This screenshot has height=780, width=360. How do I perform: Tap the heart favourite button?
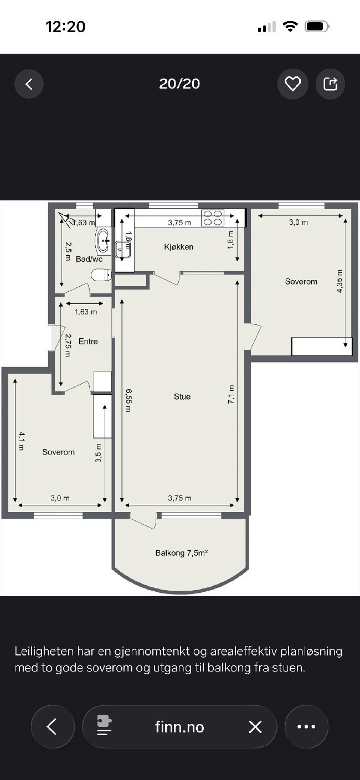pyautogui.click(x=292, y=84)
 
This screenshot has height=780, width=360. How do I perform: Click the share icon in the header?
pyautogui.click(x=331, y=84)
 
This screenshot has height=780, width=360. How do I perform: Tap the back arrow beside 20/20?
pyautogui.click(x=29, y=84)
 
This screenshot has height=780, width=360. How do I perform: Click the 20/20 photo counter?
pyautogui.click(x=179, y=84)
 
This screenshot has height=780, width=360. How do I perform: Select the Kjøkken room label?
pyautogui.click(x=179, y=247)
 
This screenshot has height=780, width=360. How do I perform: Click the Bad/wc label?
pyautogui.click(x=89, y=259)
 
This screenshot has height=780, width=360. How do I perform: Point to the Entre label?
pyautogui.click(x=88, y=341)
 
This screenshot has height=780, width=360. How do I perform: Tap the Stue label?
pyautogui.click(x=182, y=396)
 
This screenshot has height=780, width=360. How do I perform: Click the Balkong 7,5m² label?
pyautogui.click(x=182, y=552)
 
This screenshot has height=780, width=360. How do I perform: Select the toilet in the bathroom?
pyautogui.click(x=101, y=275)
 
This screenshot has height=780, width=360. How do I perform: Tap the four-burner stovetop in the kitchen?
pyautogui.click(x=213, y=218)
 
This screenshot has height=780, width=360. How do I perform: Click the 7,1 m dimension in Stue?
pyautogui.click(x=231, y=395)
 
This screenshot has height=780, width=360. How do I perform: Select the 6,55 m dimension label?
pyautogui.click(x=128, y=401)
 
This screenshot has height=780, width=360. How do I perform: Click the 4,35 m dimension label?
pyautogui.click(x=340, y=281)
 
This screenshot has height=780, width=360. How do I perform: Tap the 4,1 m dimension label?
pyautogui.click(x=22, y=441)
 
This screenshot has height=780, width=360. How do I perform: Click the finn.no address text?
pyautogui.click(x=179, y=727)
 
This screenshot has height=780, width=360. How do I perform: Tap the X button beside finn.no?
pyautogui.click(x=255, y=727)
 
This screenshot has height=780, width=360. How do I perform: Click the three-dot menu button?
pyautogui.click(x=307, y=727)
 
